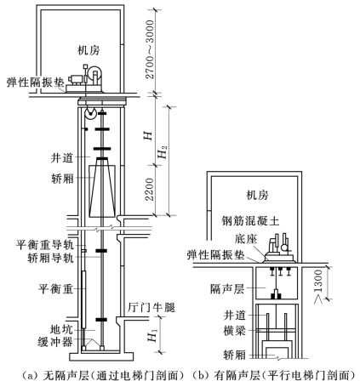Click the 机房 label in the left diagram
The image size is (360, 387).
click(x=89, y=50)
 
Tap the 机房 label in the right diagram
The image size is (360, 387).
click(x=257, y=196)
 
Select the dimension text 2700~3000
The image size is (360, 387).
click(x=150, y=49)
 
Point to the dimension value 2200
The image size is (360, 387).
click(x=150, y=190)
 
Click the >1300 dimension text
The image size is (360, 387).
click(x=319, y=287)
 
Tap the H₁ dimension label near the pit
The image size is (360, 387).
click(x=153, y=336)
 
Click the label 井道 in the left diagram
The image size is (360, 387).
click(x=62, y=157)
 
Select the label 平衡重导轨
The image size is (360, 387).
click(x=44, y=245)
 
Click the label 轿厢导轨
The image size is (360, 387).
click(x=50, y=258)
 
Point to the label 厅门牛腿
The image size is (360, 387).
click(x=151, y=307)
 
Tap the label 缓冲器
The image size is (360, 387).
click(x=55, y=342)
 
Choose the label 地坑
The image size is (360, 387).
click(x=61, y=329)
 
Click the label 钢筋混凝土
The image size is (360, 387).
click(x=250, y=220)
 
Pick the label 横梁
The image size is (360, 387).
click(x=234, y=331)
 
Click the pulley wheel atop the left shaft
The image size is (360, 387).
click(x=90, y=114)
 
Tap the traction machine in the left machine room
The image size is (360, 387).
click(x=85, y=78)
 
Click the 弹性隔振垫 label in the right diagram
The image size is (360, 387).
click(x=215, y=255)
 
